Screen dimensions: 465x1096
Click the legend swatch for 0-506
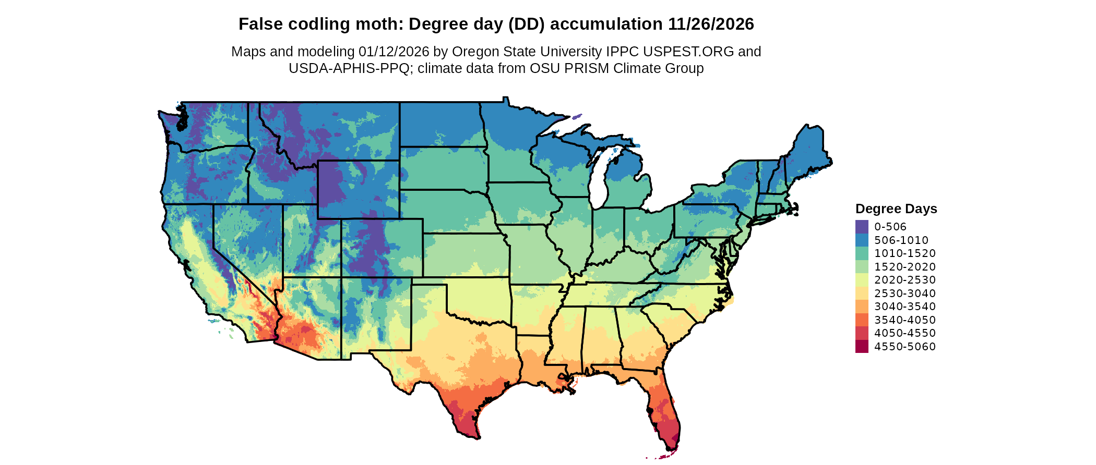862,227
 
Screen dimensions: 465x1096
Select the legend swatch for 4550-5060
862,347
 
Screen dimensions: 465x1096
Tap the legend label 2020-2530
905,280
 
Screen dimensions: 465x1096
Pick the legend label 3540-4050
905,320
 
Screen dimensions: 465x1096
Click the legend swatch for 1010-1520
862,253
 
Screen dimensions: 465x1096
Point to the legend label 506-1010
901,240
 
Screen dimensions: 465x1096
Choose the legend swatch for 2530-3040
862,293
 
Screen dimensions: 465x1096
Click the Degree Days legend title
896,209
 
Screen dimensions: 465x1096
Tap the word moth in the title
385,24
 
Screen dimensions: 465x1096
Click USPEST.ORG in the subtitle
688,52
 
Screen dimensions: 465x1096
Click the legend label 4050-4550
905,333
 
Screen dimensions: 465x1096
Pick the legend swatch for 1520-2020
862,267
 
